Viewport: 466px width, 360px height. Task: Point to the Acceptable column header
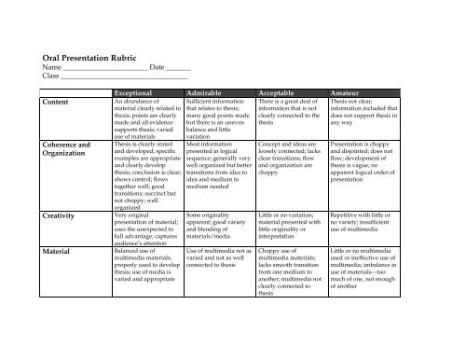coord(287,93)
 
